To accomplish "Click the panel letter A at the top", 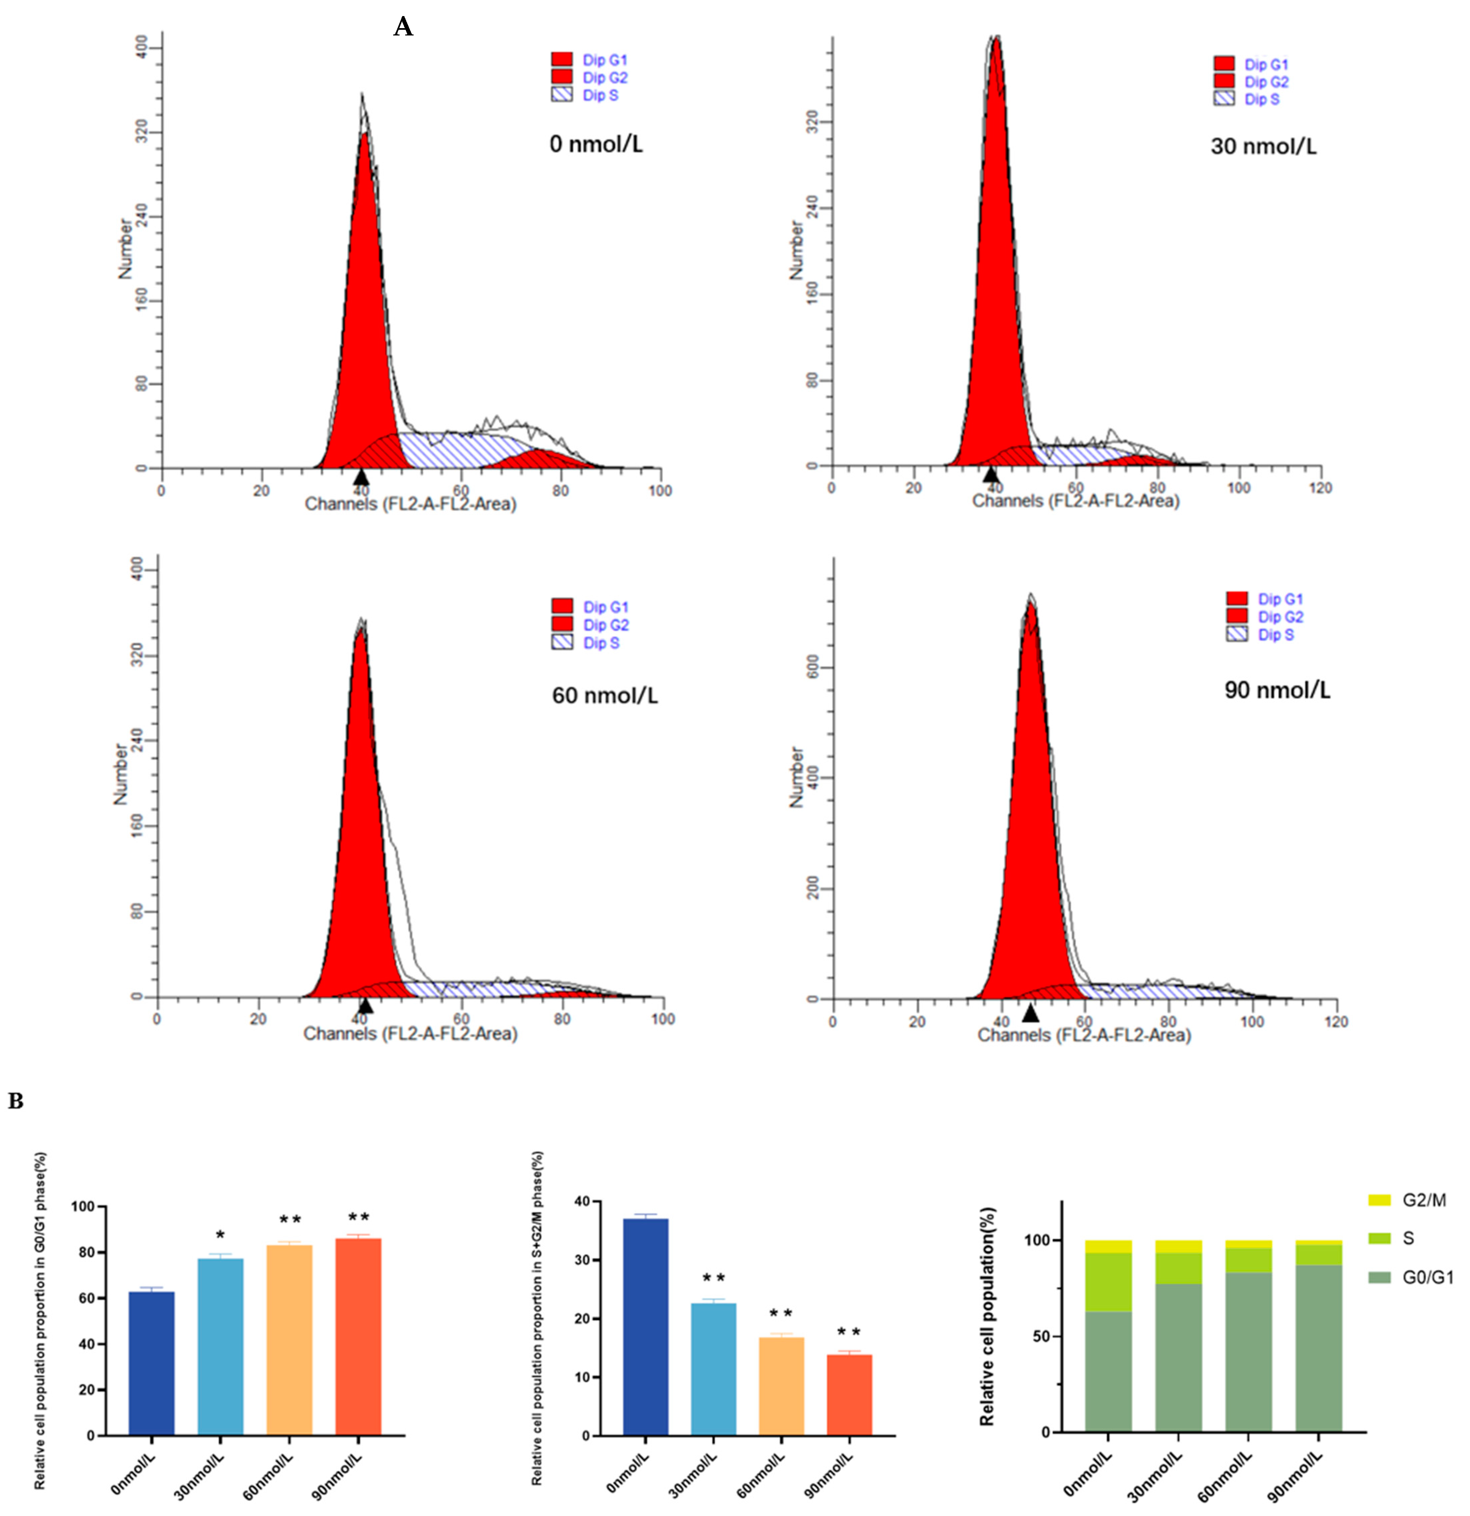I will pyautogui.click(x=403, y=28).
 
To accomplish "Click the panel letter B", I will pyautogui.click(x=15, y=1101).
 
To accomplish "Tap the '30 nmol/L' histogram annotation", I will pyautogui.click(x=1263, y=146).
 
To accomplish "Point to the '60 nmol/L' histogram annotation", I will pyautogui.click(x=604, y=695).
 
